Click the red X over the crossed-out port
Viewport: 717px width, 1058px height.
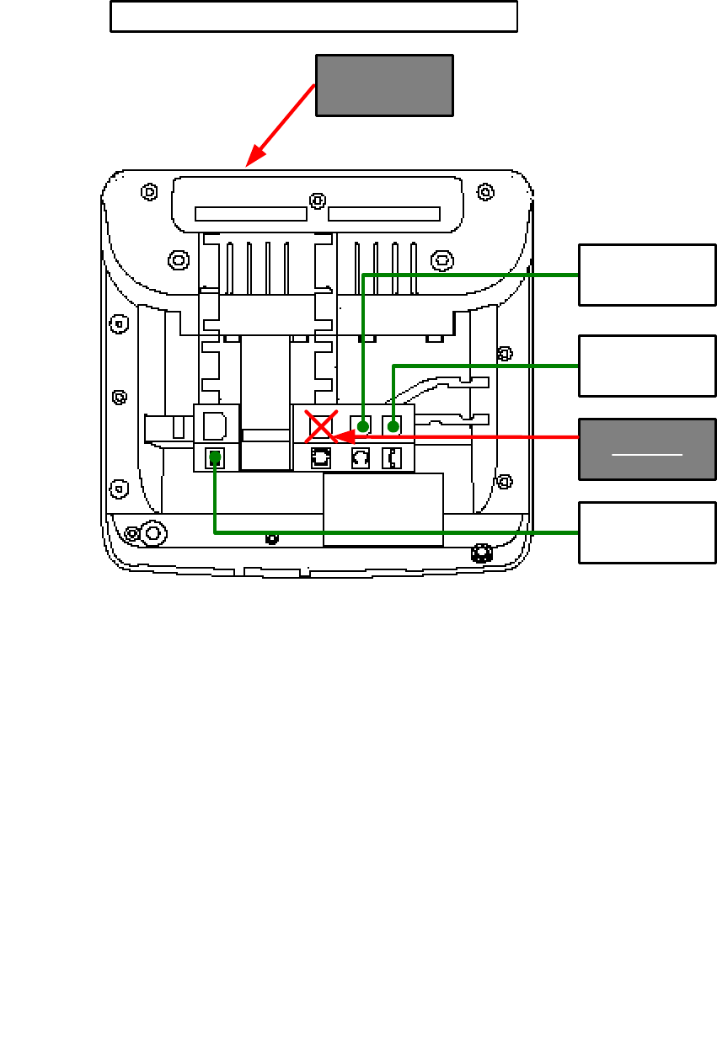pyautogui.click(x=321, y=427)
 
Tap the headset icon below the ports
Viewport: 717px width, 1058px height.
pyautogui.click(x=360, y=458)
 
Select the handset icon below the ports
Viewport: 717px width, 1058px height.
pyautogui.click(x=392, y=458)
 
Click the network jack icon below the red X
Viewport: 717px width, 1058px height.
pyautogui.click(x=321, y=458)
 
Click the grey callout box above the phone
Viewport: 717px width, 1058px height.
pyautogui.click(x=384, y=85)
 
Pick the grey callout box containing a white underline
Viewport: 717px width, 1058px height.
pyautogui.click(x=647, y=449)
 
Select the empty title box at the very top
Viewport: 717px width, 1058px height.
pyautogui.click(x=313, y=17)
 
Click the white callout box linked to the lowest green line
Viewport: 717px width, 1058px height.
pyautogui.click(x=647, y=532)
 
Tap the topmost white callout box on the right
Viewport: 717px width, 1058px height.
pyautogui.click(x=647, y=275)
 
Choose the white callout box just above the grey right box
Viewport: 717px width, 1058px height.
pyautogui.click(x=647, y=366)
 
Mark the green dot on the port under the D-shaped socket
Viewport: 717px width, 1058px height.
pyautogui.click(x=216, y=457)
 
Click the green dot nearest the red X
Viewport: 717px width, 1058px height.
pyautogui.click(x=362, y=426)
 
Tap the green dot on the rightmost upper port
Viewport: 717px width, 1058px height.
pyautogui.click(x=393, y=426)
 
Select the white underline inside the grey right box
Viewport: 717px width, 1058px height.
pyautogui.click(x=647, y=455)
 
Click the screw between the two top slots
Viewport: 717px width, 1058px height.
pyautogui.click(x=317, y=200)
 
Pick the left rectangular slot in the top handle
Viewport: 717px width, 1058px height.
pyautogui.click(x=250, y=214)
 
